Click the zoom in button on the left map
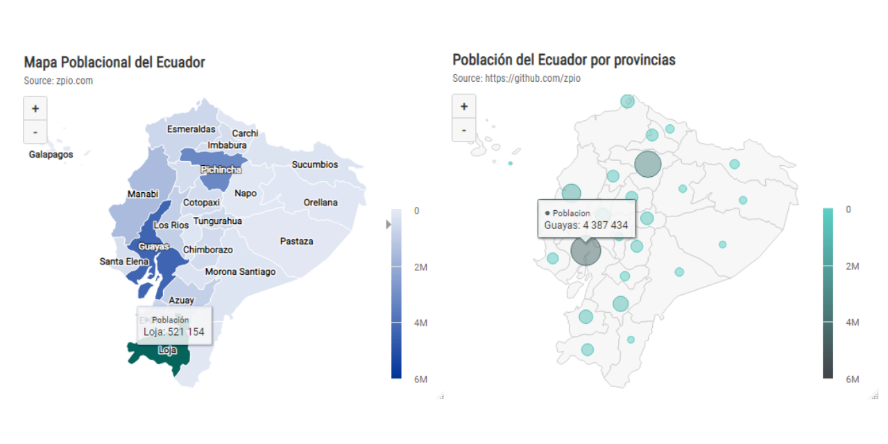point(35,108)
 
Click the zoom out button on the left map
point(35,132)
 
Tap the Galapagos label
point(51,155)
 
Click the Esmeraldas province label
point(191,130)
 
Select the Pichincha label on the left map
point(221,170)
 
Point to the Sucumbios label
point(314,165)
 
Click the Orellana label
point(321,203)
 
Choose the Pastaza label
point(296,241)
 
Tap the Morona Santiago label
point(240,272)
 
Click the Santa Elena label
point(123,262)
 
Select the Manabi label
point(143,194)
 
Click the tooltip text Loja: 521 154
point(173,332)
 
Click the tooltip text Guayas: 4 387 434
point(586,225)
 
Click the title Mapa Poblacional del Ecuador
point(114,62)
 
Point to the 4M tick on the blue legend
point(420,323)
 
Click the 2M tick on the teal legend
point(853,266)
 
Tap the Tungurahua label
point(217,221)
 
